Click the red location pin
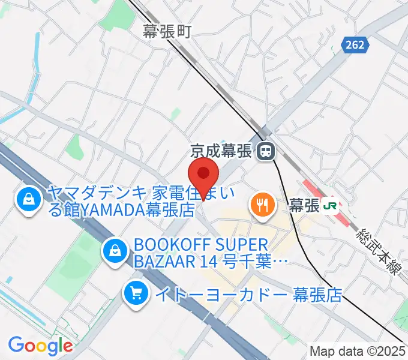203,175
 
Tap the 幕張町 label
167,31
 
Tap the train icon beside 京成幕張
264,152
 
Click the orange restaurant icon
262,205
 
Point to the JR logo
330,205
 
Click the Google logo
40,345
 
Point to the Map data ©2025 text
356,350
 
